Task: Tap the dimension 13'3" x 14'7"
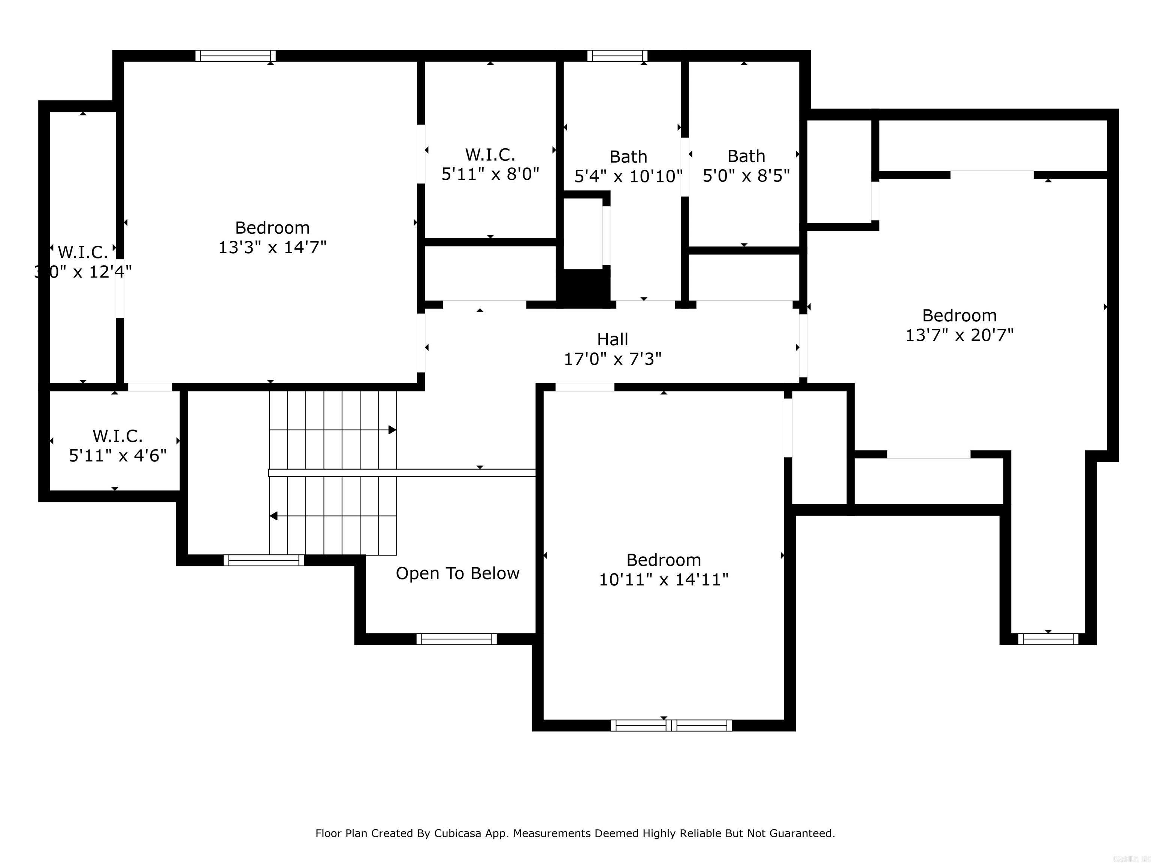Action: tap(272, 247)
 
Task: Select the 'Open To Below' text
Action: tap(457, 573)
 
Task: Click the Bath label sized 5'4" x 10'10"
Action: tap(628, 157)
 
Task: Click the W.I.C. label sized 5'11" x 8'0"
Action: tap(490, 154)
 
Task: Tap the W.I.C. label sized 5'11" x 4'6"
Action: tap(118, 436)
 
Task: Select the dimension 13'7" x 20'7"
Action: tap(959, 335)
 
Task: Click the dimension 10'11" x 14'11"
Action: tap(664, 579)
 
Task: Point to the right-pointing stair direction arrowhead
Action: tap(392, 430)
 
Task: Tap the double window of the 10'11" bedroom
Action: tap(671, 725)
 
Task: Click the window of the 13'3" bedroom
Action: tap(236, 56)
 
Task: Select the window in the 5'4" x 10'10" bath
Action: tap(617, 56)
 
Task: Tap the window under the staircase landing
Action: tap(264, 560)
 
